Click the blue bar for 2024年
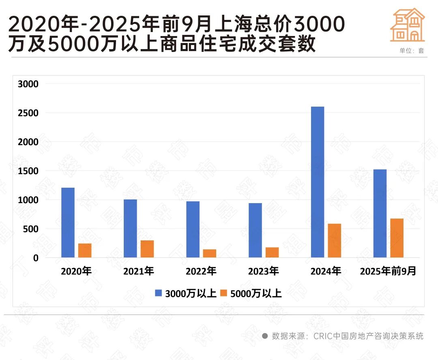tap(317, 182)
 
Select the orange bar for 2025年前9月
tap(397, 238)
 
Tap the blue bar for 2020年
tap(68, 223)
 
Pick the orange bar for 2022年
tap(210, 253)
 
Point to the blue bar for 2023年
tap(255, 230)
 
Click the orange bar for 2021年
tap(147, 249)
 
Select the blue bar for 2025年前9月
tap(380, 213)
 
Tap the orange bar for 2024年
tap(334, 240)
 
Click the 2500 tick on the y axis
tap(28, 113)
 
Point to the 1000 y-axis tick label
tap(28, 200)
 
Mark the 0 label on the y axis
tap(35, 258)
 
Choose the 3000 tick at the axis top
tap(28, 84)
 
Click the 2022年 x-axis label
tap(201, 271)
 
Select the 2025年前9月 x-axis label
tap(388, 271)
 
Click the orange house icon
tap(408, 25)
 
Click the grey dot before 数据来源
tap(265, 336)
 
